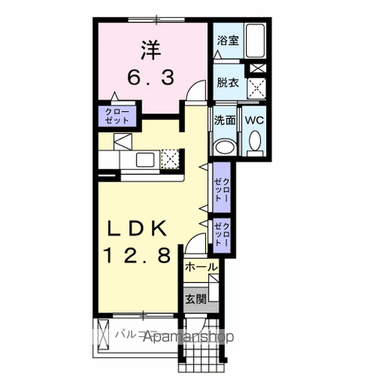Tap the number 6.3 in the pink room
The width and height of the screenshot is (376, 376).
pyautogui.click(x=150, y=78)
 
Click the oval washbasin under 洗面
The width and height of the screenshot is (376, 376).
pyautogui.click(x=225, y=146)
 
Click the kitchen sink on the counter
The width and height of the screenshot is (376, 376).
pyautogui.click(x=144, y=160)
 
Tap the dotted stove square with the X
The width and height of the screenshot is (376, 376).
pyautogui.click(x=170, y=159)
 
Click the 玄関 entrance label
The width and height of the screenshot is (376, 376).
pyautogui.click(x=196, y=298)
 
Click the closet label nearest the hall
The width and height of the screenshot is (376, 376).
pyautogui.click(x=222, y=235)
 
